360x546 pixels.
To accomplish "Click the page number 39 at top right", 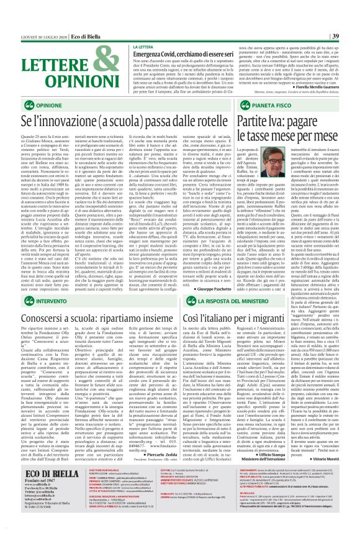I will pos(352,37).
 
